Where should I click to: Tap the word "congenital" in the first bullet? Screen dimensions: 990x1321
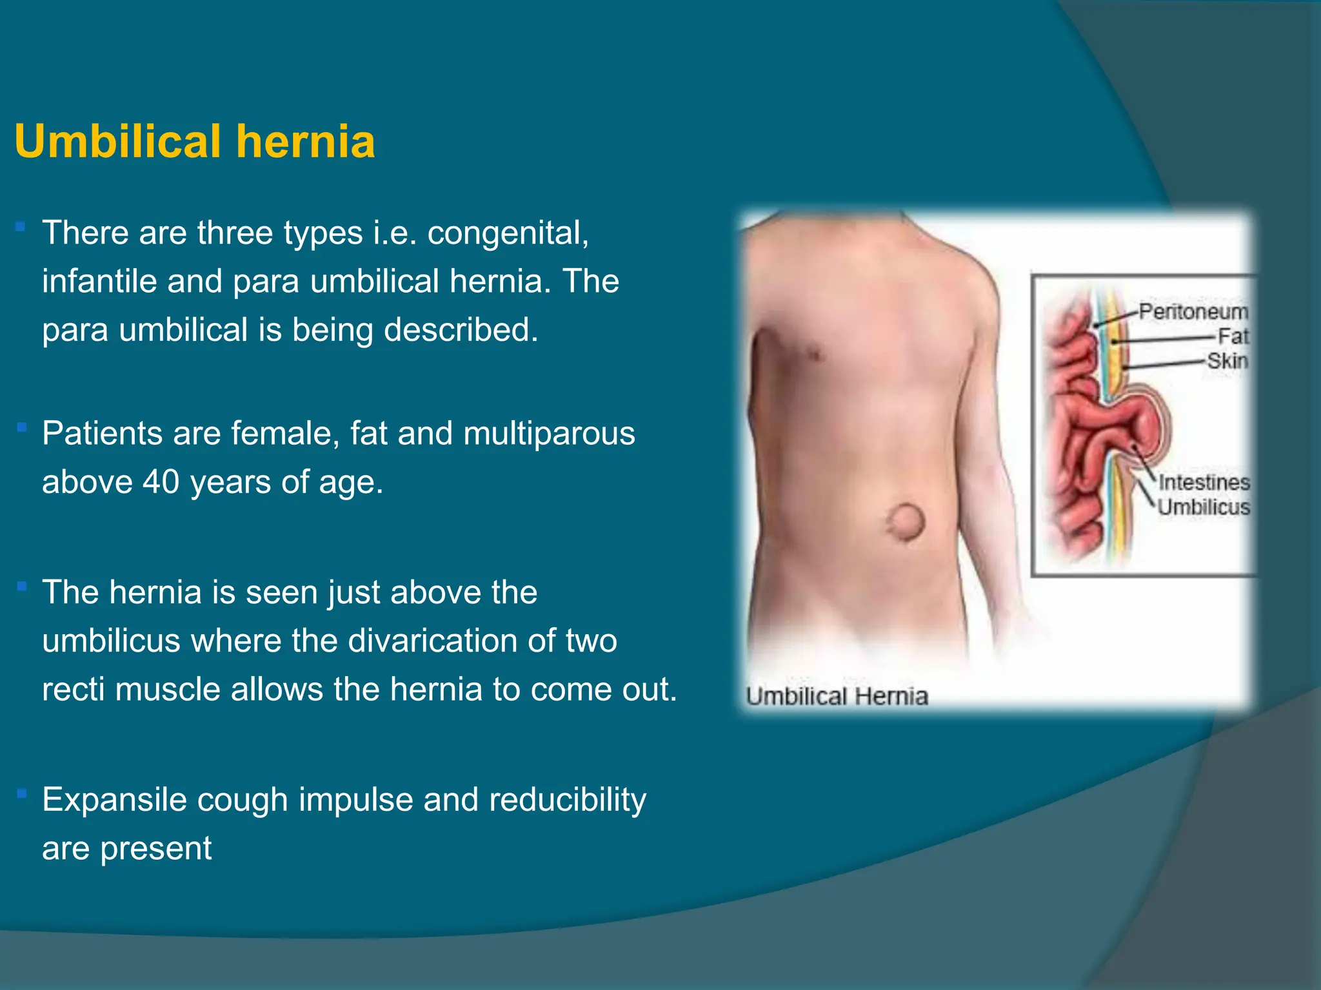(x=508, y=233)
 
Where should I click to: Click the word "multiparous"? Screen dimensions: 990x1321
(x=549, y=433)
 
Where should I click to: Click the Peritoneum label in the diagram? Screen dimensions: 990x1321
(x=1193, y=312)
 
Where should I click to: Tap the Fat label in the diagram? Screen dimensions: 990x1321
(x=1233, y=336)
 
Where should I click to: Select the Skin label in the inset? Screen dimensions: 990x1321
(x=1227, y=361)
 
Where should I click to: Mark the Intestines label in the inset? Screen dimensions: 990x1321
(x=1204, y=483)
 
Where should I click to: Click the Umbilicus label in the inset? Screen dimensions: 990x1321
(x=1204, y=507)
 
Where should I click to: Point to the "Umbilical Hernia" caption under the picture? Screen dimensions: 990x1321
(x=837, y=697)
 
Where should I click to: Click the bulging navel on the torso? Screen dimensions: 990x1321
(x=907, y=522)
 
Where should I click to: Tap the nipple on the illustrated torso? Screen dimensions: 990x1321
(x=814, y=353)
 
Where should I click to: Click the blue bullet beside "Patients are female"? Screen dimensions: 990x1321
(x=21, y=427)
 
